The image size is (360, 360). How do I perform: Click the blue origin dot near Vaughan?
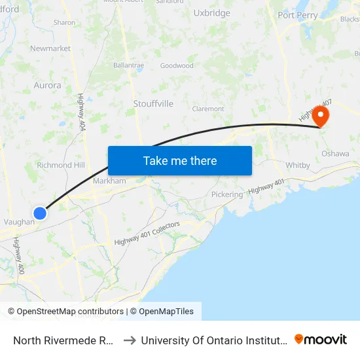[40, 213]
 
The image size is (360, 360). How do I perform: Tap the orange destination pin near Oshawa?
[321, 116]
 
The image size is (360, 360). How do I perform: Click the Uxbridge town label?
[211, 13]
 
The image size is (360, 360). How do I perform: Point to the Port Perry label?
[297, 15]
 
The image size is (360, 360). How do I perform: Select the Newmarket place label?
[50, 48]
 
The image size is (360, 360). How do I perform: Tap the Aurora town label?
[47, 85]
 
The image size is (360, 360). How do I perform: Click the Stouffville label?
[153, 103]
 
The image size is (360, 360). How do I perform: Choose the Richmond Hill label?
[62, 166]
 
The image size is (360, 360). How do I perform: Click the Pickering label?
[226, 194]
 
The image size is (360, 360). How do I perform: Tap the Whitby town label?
[298, 166]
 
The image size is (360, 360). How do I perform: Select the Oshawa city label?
[335, 153]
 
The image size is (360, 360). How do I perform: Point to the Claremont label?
[208, 109]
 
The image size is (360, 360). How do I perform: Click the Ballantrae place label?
[128, 65]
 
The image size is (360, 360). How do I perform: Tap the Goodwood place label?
[177, 65]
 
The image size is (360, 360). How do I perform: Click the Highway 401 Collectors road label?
[147, 233]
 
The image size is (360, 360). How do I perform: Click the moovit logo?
[321, 339]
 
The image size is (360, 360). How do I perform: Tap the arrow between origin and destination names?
[130, 340]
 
